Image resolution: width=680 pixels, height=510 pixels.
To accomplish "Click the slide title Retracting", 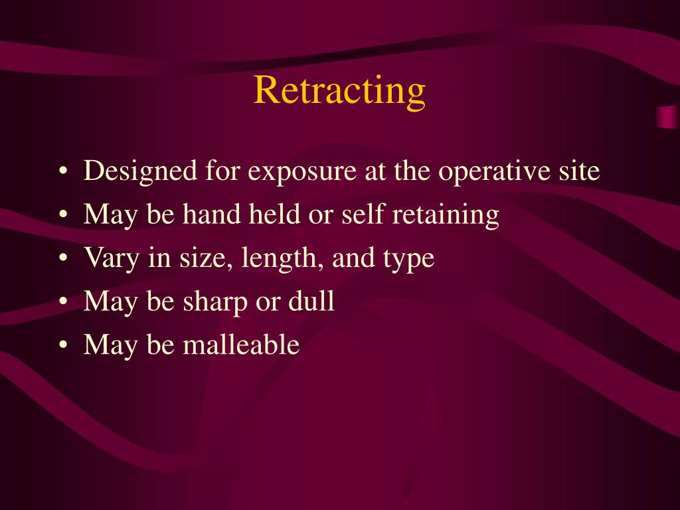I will click(339, 90).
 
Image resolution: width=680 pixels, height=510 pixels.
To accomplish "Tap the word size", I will click(198, 258).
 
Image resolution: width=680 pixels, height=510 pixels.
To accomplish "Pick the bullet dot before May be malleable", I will click(62, 346).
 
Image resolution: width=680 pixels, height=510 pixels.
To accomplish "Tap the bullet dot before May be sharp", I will click(62, 303).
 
